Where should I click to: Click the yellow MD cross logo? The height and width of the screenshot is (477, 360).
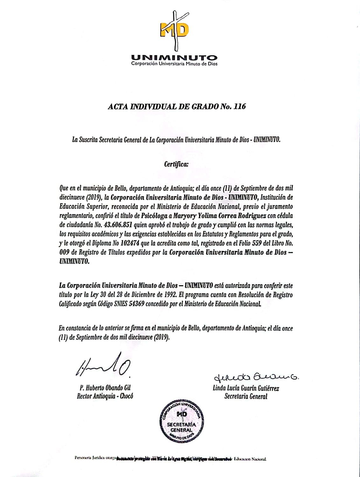tap(174, 31)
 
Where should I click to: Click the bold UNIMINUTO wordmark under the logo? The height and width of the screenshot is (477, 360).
tap(174, 58)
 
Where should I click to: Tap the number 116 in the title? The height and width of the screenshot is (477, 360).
tap(239, 107)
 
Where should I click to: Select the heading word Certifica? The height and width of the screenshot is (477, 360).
tap(176, 164)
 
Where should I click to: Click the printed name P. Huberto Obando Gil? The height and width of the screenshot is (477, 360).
tap(105, 388)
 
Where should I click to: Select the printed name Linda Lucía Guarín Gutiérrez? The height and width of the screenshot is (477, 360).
tap(246, 388)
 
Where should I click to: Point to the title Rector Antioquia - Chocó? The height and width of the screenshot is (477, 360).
tap(105, 396)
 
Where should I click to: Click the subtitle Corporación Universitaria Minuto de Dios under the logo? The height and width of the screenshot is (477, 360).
tap(174, 64)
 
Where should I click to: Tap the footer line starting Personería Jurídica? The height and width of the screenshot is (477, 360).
tap(170, 459)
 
